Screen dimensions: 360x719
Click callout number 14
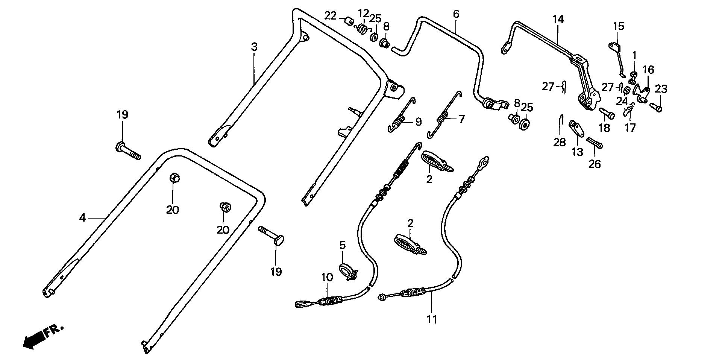(x=558, y=20)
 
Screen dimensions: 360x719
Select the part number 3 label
(x=254, y=47)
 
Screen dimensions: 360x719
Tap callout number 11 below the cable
(x=432, y=319)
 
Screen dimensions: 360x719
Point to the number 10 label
(x=327, y=278)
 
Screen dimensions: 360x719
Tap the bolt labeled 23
(x=656, y=107)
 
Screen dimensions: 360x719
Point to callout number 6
(x=456, y=14)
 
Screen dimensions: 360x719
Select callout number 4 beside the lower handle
(x=82, y=217)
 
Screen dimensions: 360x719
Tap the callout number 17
(x=630, y=128)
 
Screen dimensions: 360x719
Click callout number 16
(x=648, y=70)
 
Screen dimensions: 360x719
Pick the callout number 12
(x=363, y=14)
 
